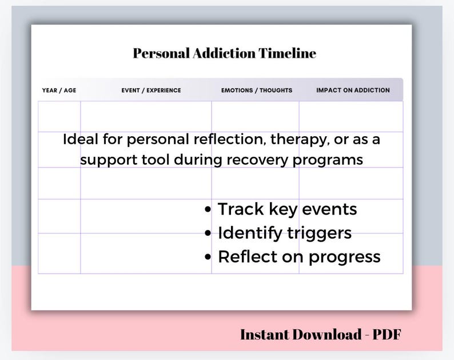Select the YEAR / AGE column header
[59, 90]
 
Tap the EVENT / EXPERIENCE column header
[151, 90]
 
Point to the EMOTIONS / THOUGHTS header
[257, 90]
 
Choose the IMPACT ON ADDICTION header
[353, 90]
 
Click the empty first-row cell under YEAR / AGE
[59, 116]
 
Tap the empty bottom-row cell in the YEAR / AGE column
[59, 253]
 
